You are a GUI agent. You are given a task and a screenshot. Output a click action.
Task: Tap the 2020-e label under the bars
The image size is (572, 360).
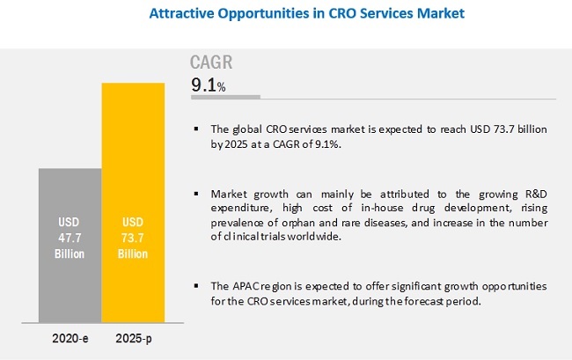tap(69, 338)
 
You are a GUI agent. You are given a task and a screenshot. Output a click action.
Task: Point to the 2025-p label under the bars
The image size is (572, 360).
tap(133, 338)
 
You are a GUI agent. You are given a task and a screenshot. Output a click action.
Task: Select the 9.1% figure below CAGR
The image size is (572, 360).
tap(209, 85)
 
